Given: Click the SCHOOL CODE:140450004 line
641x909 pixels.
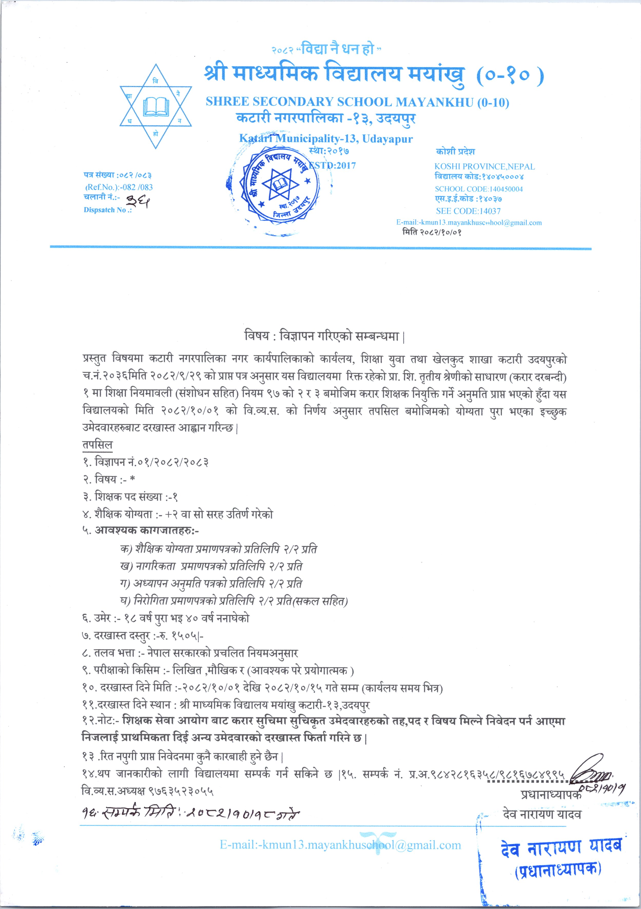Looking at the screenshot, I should point(478,189).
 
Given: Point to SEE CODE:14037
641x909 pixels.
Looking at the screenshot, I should point(468,211).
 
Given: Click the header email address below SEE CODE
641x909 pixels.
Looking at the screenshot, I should point(469,223).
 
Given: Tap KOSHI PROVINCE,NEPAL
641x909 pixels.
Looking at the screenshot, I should point(484,167).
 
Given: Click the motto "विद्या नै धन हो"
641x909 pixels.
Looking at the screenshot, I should point(338,50).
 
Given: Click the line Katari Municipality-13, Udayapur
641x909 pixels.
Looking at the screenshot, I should point(325,139).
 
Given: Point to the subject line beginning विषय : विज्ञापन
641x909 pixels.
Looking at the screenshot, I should point(324,336).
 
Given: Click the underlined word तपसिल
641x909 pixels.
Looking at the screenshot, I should point(98,445).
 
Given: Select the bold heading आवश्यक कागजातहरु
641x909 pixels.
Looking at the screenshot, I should point(147,530).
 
